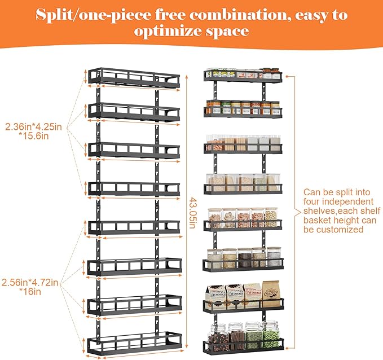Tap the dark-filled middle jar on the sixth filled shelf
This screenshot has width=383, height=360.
coord(244,258)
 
